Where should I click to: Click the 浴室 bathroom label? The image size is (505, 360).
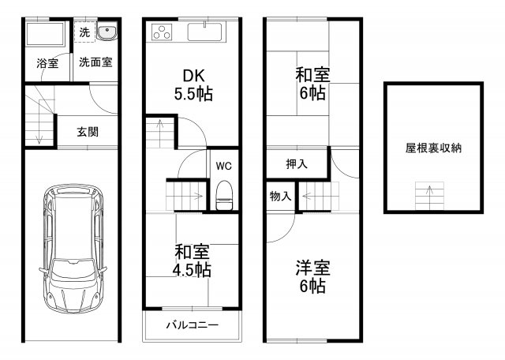[x=47, y=64]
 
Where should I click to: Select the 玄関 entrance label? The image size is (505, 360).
[x=87, y=132]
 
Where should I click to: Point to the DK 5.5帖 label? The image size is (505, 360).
[x=194, y=84]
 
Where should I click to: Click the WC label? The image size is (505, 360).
[x=223, y=167]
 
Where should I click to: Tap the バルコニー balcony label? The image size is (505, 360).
[x=192, y=325]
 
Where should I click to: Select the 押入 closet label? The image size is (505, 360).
[x=297, y=164]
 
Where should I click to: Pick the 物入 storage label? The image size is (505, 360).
[x=279, y=195]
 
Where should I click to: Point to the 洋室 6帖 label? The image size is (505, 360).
[x=312, y=277]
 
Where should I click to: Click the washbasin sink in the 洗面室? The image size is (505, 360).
[x=107, y=33]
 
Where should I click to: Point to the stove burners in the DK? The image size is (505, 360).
[x=163, y=33]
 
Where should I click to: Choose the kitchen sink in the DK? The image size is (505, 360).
[x=207, y=34]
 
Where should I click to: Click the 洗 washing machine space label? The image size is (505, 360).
[x=84, y=33]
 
